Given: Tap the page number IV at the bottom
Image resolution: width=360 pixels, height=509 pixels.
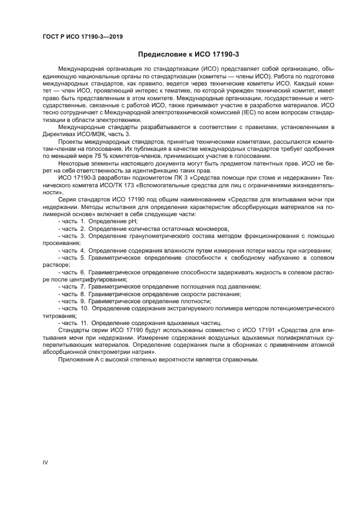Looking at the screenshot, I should [x=45, y=462].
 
